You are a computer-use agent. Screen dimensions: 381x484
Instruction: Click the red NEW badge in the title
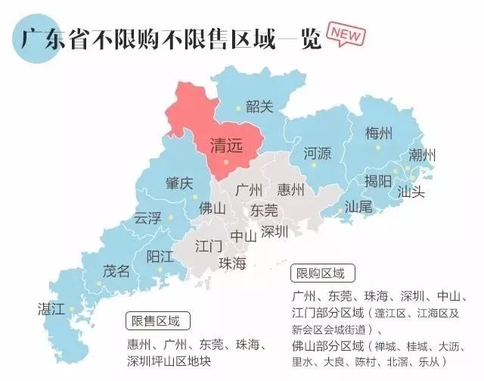346,35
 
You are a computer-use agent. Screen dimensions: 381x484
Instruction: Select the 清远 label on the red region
226,145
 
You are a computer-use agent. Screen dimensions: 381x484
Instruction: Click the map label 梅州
378,133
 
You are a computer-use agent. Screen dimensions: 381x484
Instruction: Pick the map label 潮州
422,155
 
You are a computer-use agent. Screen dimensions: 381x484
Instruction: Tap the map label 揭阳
377,181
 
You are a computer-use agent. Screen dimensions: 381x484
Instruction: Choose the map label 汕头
411,192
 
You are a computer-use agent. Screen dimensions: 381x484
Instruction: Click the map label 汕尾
358,206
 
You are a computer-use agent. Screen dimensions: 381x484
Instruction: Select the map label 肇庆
179,183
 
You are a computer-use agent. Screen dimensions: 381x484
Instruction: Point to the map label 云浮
147,218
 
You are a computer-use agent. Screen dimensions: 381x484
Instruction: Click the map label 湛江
51,308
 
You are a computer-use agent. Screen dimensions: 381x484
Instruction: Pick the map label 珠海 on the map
232,263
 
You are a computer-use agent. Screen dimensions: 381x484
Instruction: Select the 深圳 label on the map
274,232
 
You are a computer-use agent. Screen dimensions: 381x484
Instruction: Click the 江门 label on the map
208,246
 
